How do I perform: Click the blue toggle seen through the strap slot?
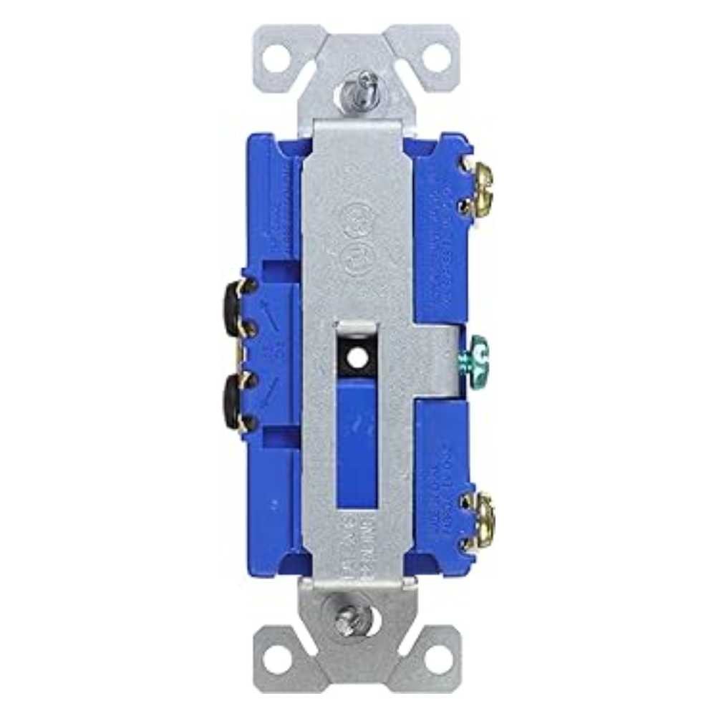point(356,437)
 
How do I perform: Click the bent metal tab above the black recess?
point(356,327)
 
